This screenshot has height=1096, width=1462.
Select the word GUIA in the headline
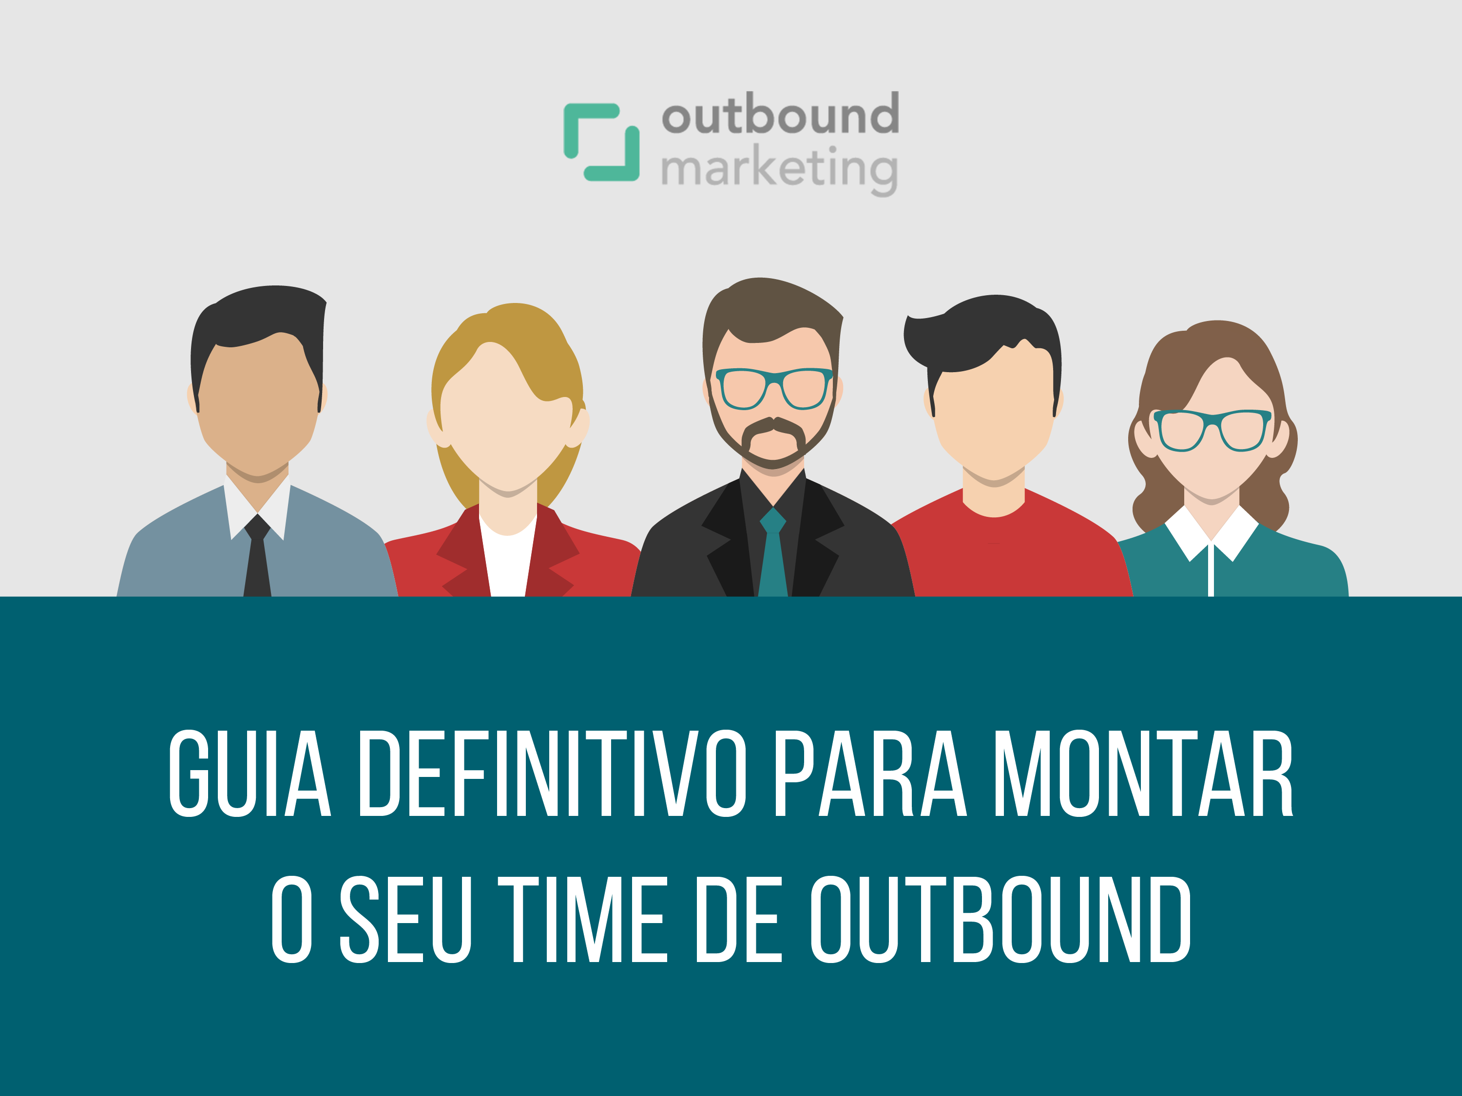coord(250,774)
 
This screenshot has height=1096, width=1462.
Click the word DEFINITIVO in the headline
coord(553,774)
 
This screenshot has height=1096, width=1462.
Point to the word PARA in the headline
coord(871,774)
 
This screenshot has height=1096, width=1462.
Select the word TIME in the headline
coord(583,920)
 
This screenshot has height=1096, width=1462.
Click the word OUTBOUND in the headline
coord(1000,920)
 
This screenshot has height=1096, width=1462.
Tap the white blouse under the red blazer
coord(508,558)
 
